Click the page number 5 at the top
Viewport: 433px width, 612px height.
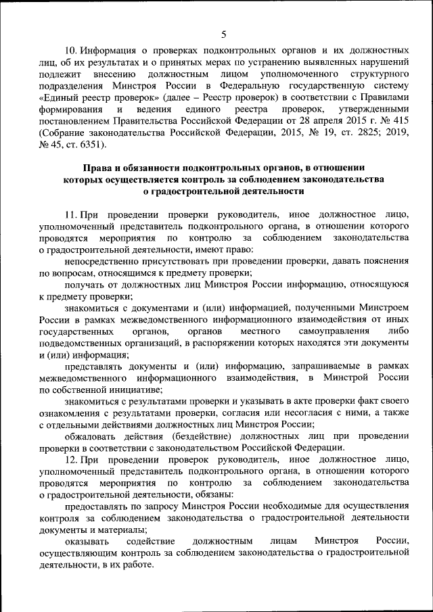coord(224,34)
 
